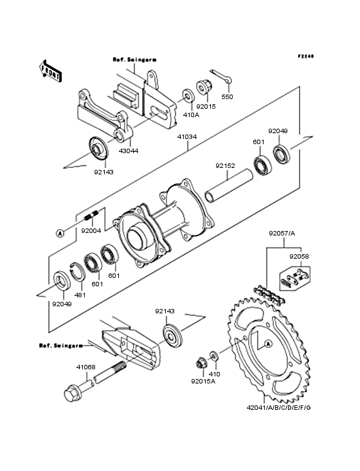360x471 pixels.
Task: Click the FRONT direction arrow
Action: click(x=50, y=71)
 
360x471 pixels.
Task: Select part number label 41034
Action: click(x=187, y=136)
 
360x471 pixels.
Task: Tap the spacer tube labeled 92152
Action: click(x=230, y=185)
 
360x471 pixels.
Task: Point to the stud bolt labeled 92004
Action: click(x=91, y=216)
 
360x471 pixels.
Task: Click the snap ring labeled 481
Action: click(x=77, y=272)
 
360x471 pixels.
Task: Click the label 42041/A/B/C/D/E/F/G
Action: click(x=279, y=407)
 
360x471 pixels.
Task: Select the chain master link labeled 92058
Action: click(x=294, y=278)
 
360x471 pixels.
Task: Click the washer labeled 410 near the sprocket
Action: click(x=214, y=356)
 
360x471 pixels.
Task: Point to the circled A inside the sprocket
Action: click(x=268, y=344)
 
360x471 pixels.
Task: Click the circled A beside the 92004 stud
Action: click(x=60, y=233)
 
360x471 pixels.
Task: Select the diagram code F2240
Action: click(x=306, y=56)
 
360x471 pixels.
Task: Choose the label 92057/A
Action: click(x=282, y=233)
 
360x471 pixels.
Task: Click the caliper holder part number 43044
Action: click(x=129, y=151)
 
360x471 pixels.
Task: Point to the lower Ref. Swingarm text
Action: click(x=61, y=346)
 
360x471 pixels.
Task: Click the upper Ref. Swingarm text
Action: click(x=135, y=59)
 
